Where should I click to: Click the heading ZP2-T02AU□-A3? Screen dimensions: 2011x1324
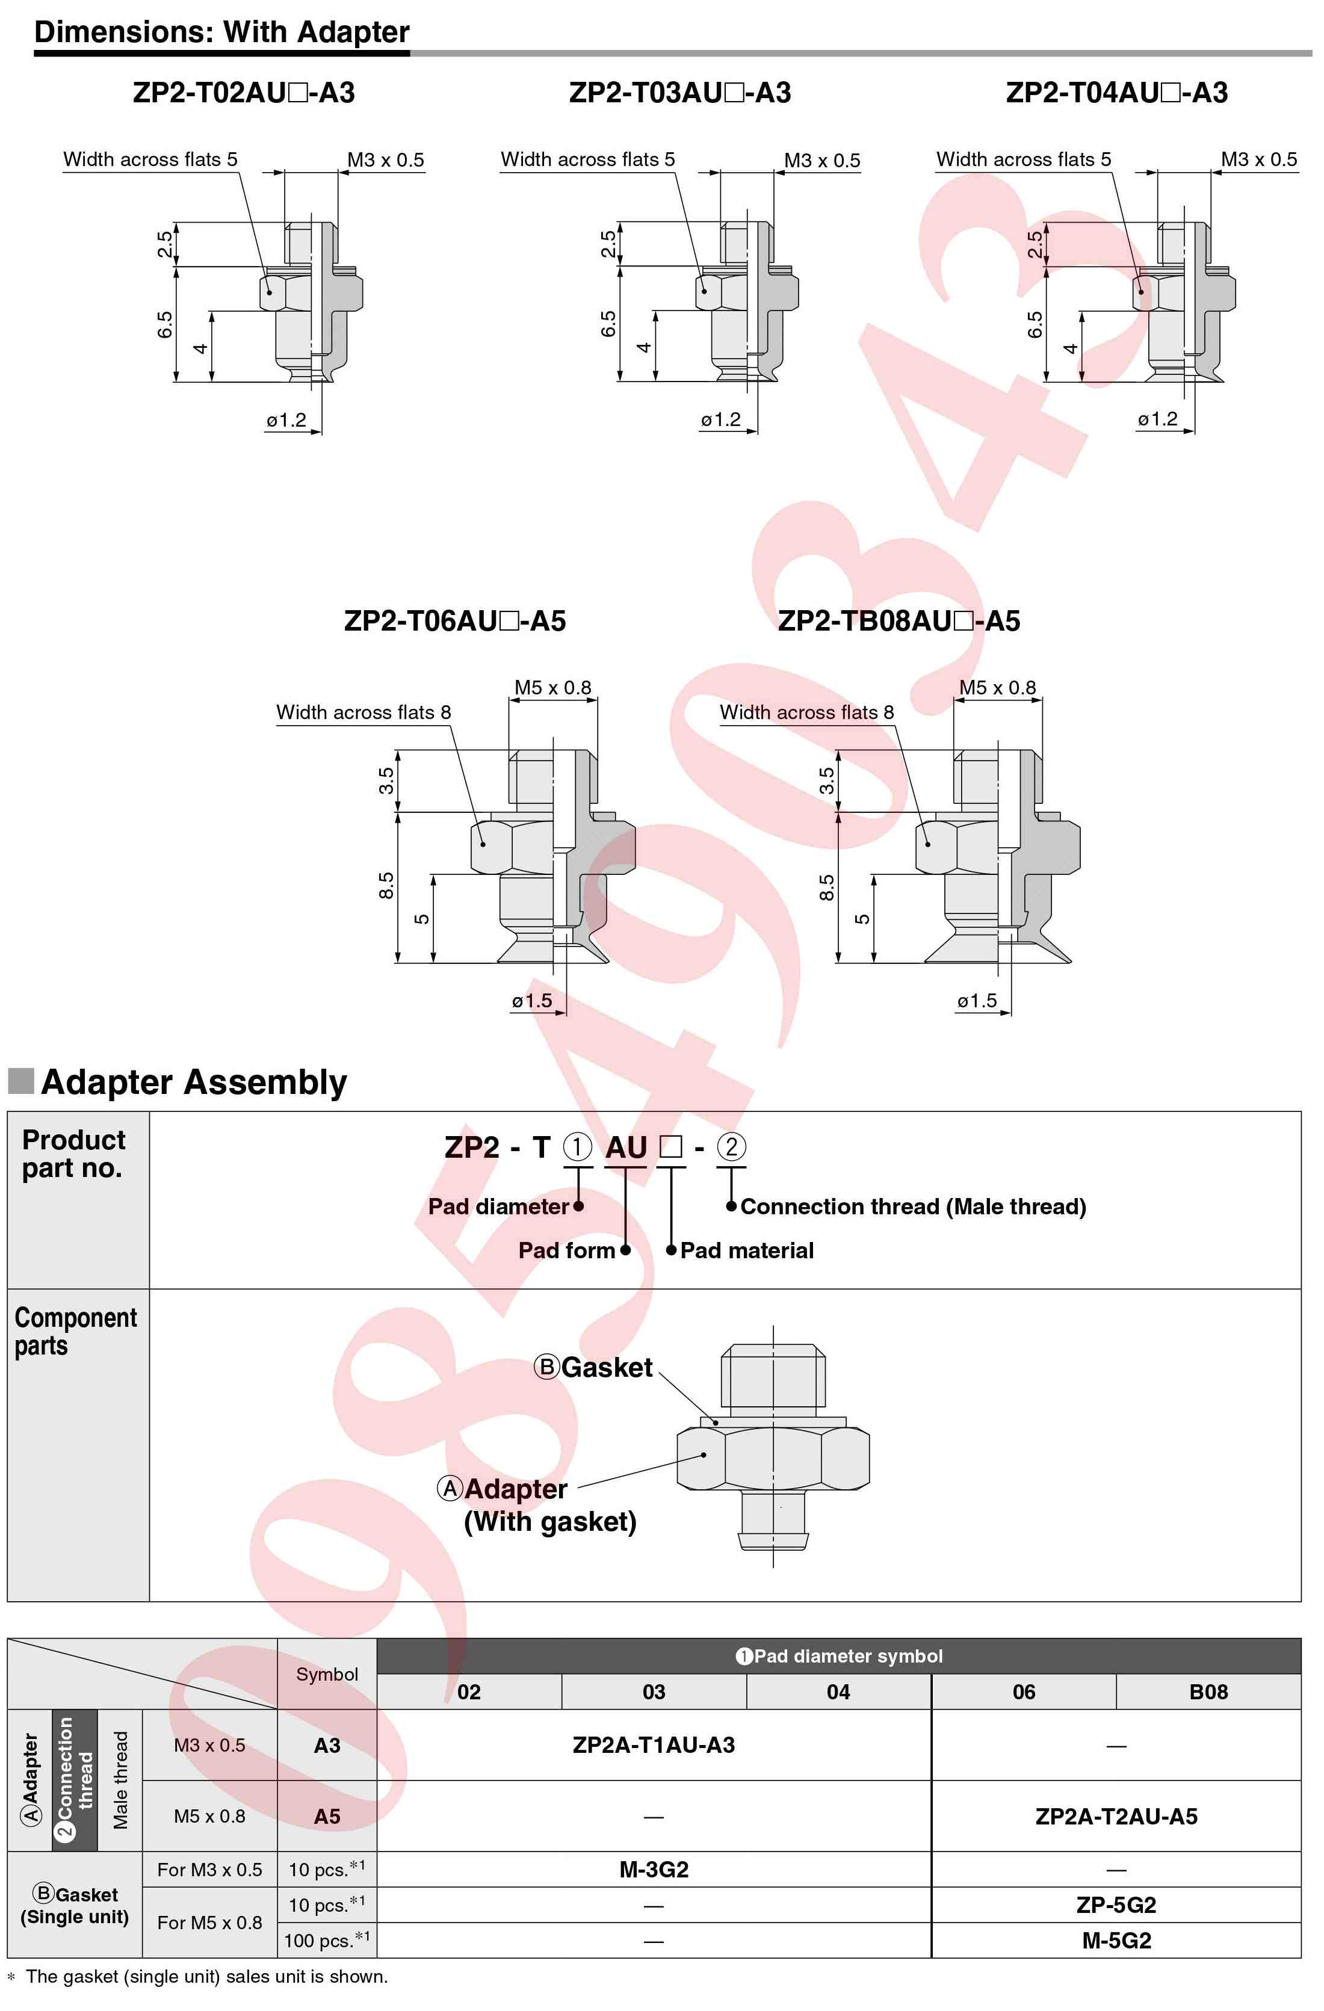coord(243,92)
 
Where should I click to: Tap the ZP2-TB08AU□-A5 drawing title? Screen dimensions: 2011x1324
coord(898,621)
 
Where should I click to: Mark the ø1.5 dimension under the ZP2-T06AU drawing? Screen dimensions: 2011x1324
coord(531,1001)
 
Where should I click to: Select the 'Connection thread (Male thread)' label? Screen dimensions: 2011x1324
coord(912,1206)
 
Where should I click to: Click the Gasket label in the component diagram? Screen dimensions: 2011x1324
coord(606,1367)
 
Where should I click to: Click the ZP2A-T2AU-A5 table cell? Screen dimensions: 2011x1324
coord(1116,1816)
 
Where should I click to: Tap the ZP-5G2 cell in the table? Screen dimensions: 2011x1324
coord(1116,1904)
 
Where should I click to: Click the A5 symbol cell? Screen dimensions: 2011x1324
coord(327,1816)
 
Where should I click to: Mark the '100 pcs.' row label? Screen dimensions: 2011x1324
coord(326,1940)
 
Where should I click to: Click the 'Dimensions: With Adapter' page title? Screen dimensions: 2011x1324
coord(221,31)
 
